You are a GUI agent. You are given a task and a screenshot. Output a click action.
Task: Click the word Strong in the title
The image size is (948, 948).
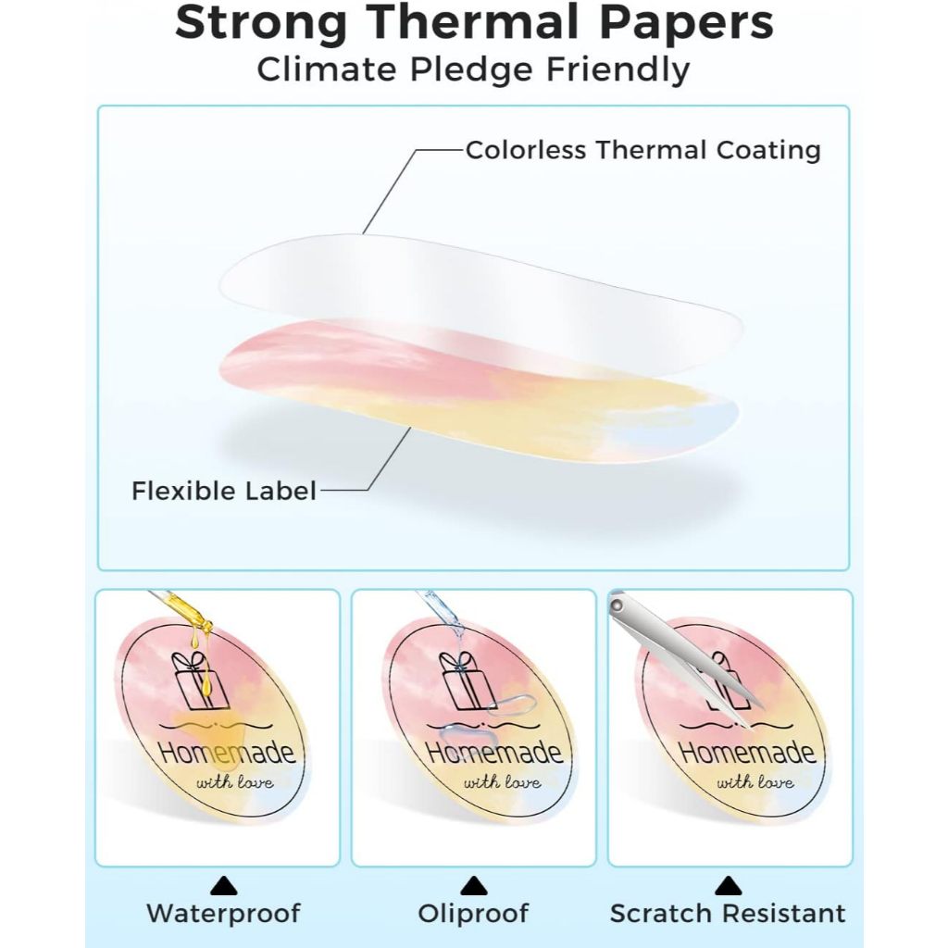(x=263, y=25)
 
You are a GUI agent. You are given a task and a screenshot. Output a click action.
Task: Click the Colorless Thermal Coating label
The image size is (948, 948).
(x=642, y=150)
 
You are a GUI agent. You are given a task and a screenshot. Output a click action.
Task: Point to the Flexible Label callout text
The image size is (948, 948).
(x=223, y=490)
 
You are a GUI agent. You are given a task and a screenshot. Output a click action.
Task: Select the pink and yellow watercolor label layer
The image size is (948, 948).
(x=463, y=389)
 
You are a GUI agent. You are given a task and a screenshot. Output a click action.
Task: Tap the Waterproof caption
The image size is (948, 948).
(x=223, y=914)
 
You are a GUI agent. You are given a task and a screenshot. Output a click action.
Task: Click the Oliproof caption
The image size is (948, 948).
(x=473, y=914)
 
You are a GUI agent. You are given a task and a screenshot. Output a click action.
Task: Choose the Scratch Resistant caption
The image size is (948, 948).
(x=728, y=914)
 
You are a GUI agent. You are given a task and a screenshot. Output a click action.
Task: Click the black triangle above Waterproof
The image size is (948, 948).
(x=223, y=886)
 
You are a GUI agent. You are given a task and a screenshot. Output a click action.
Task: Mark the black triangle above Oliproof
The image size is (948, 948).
(x=473, y=886)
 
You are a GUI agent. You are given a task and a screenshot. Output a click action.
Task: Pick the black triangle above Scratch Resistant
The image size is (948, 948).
(x=728, y=886)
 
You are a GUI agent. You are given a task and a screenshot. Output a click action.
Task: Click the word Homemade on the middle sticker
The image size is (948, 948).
(x=494, y=751)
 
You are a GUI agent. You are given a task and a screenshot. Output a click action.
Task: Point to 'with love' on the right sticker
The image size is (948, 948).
(x=755, y=782)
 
